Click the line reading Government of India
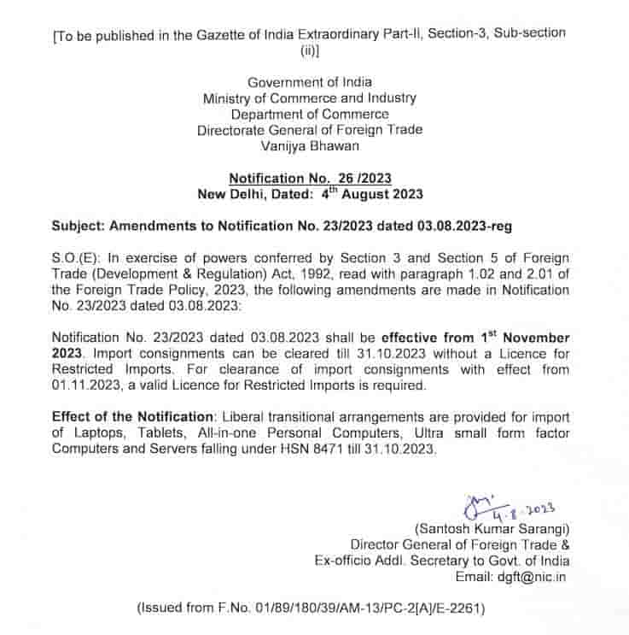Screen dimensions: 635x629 (x=310, y=82)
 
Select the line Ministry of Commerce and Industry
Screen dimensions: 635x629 (x=310, y=98)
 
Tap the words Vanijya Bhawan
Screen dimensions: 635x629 (x=310, y=145)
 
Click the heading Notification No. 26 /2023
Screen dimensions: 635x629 (x=310, y=178)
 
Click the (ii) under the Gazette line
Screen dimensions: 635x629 (x=308, y=50)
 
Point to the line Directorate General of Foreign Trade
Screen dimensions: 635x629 (x=310, y=130)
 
